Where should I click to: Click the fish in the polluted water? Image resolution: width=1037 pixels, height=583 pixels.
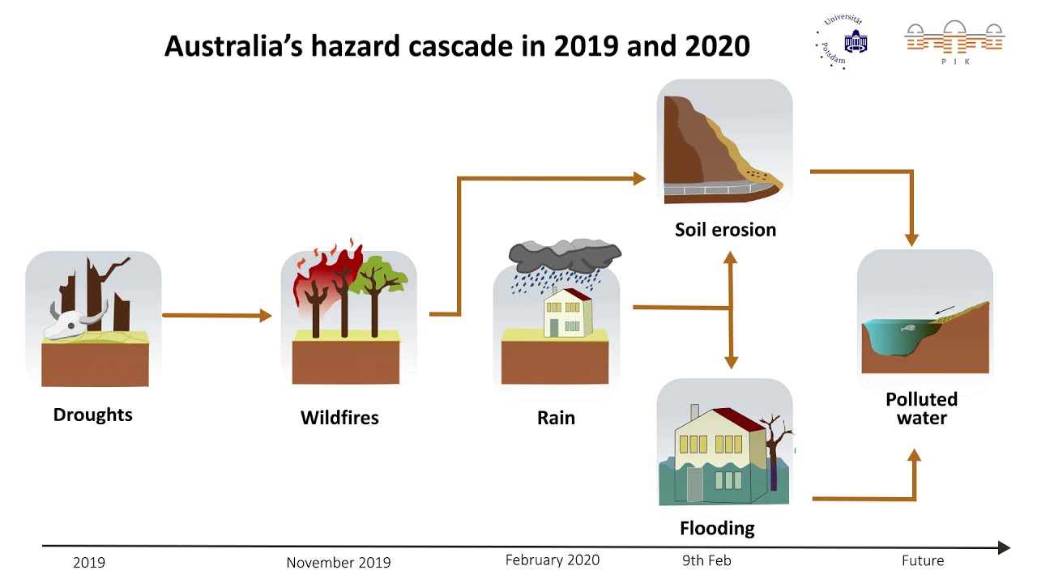click(x=906, y=328)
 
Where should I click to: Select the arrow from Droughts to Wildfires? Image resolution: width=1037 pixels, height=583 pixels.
click(x=217, y=316)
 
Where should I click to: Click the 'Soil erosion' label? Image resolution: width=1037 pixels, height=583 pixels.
click(x=725, y=230)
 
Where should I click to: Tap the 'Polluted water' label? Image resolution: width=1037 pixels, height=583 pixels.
click(x=921, y=409)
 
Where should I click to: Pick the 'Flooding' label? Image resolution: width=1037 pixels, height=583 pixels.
click(x=717, y=529)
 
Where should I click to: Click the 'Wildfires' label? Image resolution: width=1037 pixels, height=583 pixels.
click(x=339, y=418)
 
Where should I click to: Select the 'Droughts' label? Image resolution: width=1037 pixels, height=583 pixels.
click(x=92, y=415)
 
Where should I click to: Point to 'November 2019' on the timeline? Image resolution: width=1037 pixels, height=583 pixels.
click(x=338, y=563)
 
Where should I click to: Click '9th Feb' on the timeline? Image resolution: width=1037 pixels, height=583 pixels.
click(x=706, y=560)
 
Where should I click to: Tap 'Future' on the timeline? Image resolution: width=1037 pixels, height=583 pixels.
click(x=923, y=560)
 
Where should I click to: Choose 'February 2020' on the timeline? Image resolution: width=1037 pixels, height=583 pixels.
click(x=553, y=560)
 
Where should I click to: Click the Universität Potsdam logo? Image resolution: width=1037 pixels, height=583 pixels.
click(x=843, y=40)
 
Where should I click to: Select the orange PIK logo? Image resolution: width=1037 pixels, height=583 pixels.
click(x=954, y=40)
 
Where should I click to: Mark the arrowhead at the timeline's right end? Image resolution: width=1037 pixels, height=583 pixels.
click(x=1004, y=548)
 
